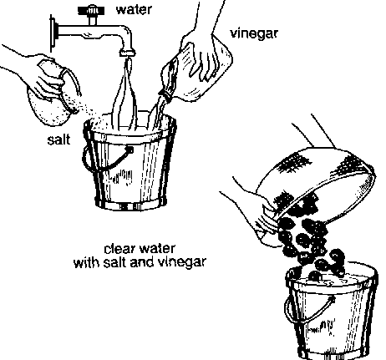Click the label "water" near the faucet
point(134,9)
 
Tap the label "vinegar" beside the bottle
point(254,34)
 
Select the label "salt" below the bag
point(58,139)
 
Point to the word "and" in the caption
point(142,262)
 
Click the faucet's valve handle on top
point(91,11)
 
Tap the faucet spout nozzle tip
point(128,53)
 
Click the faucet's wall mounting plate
point(53,33)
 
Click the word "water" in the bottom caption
point(158,248)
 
